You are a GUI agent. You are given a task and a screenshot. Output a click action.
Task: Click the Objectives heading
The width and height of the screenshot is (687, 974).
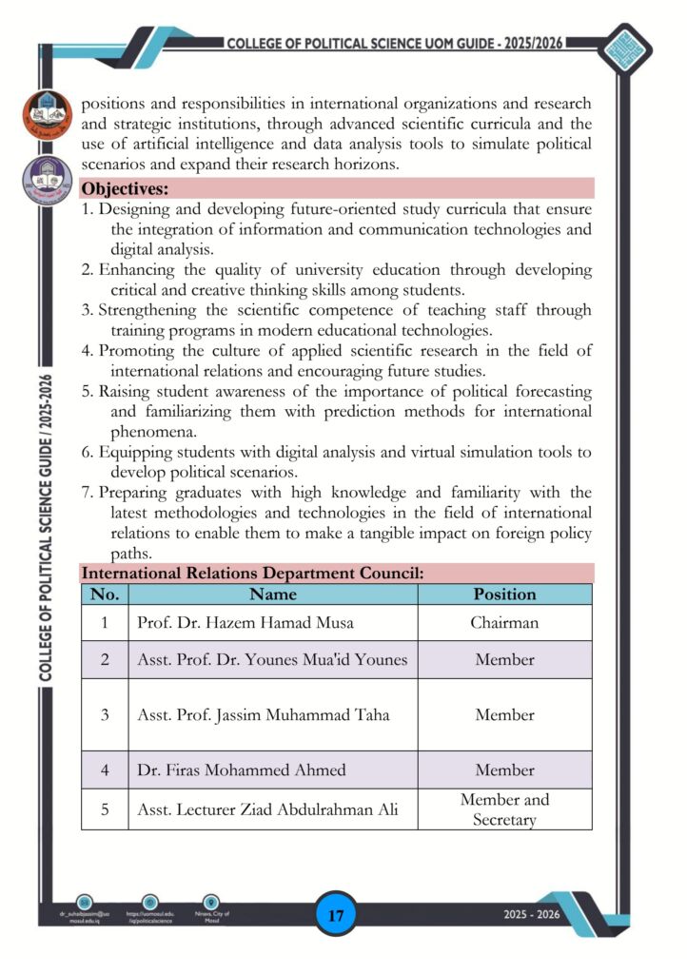[126, 188]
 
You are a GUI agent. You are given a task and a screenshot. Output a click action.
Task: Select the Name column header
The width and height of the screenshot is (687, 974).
[273, 594]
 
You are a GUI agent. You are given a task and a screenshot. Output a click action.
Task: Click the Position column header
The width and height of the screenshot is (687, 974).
[504, 594]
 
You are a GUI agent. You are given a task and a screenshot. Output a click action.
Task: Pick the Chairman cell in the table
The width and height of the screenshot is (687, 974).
[504, 623]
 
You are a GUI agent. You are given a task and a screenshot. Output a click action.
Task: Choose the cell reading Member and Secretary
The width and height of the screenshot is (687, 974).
[504, 809]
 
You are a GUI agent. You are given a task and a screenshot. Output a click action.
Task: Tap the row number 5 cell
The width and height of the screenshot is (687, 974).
[105, 809]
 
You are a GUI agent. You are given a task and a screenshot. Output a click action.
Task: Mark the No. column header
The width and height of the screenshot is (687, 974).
[105, 594]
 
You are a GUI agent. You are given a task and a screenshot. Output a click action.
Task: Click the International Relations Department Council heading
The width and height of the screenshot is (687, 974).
[252, 574]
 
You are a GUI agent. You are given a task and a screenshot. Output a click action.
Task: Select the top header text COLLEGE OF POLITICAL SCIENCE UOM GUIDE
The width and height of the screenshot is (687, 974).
[396, 44]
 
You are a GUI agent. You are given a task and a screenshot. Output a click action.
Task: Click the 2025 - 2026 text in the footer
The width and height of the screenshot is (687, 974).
[532, 915]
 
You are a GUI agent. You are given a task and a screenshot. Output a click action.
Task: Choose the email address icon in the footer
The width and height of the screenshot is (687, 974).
[84, 902]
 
